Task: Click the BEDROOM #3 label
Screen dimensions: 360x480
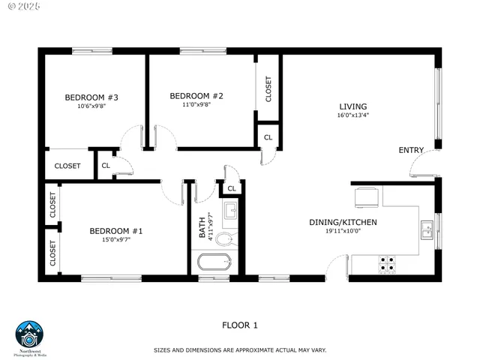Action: click(92, 97)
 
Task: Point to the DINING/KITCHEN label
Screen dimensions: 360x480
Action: click(343, 222)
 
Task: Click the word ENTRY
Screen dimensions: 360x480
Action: click(411, 150)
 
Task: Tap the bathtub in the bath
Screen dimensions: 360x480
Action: click(214, 263)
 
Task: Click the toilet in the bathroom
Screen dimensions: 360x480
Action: click(225, 239)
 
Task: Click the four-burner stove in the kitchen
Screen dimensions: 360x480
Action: click(387, 263)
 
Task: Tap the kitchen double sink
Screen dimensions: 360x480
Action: click(427, 229)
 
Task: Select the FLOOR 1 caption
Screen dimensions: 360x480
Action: click(240, 325)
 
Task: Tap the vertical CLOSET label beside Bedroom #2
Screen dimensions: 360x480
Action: click(269, 90)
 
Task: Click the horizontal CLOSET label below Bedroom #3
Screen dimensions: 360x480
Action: click(67, 166)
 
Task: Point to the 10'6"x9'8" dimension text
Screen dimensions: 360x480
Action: click(92, 106)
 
